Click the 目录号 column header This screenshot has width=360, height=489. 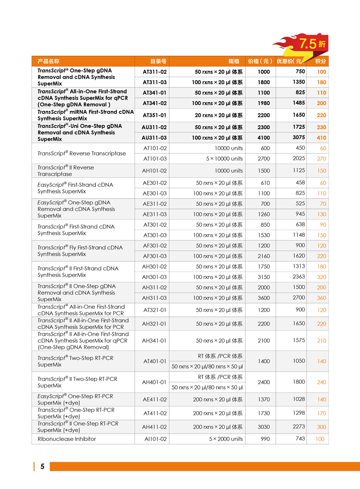tap(158, 61)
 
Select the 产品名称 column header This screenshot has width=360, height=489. tap(49, 61)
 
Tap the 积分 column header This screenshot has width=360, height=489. tap(320, 61)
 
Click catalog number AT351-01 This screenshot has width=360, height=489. tap(154, 115)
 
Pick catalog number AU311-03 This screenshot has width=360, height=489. tap(154, 138)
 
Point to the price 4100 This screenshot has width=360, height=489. tap(264, 138)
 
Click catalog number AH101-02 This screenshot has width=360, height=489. tap(154, 171)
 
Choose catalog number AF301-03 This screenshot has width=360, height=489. tap(154, 256)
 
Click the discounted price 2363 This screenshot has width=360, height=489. tap(297, 276)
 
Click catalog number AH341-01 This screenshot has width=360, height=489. tap(154, 341)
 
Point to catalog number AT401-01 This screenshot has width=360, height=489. tap(154, 362)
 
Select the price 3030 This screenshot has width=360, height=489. tap(264, 427)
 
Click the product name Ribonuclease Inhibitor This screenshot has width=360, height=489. tap(67, 439)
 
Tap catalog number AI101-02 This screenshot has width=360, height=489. tap(154, 439)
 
